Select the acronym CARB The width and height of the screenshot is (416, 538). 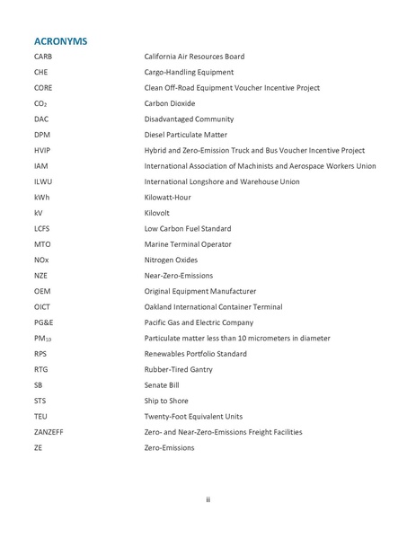(44, 57)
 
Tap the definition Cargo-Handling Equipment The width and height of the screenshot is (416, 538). (189, 72)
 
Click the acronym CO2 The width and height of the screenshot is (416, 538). (40, 103)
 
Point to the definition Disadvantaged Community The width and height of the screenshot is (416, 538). (189, 119)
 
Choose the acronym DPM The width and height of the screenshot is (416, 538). (41, 134)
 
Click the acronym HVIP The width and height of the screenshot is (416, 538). (42, 150)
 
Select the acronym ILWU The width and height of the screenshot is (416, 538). (43, 181)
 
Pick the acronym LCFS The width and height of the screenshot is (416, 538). (42, 228)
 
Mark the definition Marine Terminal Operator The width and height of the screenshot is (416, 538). (188, 243)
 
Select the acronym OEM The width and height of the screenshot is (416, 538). (42, 291)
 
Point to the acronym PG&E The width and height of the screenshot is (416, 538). (44, 322)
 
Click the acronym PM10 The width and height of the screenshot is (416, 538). (43, 338)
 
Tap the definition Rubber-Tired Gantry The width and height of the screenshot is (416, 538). (181, 369)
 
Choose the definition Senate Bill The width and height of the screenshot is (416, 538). (162, 384)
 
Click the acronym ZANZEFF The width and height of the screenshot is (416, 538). (51, 431)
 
